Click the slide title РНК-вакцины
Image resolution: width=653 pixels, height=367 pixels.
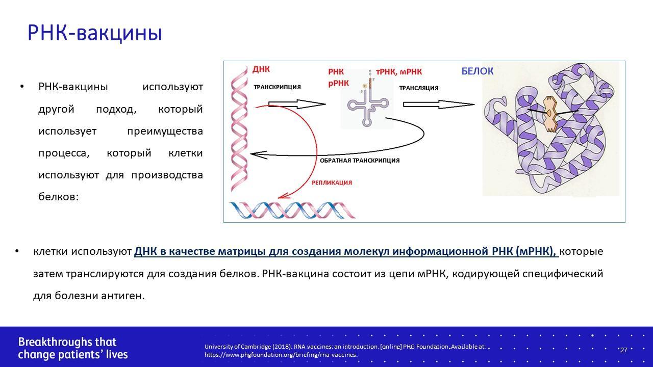(95, 33)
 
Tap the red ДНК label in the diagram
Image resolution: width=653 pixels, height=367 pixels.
(261, 69)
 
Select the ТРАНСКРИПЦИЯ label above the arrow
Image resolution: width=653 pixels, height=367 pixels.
(277, 87)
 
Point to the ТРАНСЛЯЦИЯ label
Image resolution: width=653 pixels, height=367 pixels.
(419, 88)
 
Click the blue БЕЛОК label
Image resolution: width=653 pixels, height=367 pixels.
(478, 71)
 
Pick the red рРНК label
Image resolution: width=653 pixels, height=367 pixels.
(338, 83)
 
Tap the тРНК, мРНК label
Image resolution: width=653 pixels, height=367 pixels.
(399, 72)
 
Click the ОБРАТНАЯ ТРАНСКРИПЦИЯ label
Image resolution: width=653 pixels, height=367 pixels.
(360, 161)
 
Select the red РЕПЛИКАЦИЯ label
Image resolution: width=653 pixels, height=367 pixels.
(332, 182)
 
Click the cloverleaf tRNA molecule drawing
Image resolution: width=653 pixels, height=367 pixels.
(367, 100)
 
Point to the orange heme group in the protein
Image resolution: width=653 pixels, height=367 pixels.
(550, 114)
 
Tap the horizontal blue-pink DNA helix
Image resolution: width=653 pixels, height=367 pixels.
(292, 210)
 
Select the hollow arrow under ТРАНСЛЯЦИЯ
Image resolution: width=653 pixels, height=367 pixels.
(439, 104)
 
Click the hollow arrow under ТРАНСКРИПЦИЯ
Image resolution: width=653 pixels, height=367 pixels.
(297, 104)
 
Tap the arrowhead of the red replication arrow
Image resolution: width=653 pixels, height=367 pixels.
(283, 196)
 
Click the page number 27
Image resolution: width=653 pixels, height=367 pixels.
(623, 350)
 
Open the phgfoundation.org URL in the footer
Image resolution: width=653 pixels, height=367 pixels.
(281, 355)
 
